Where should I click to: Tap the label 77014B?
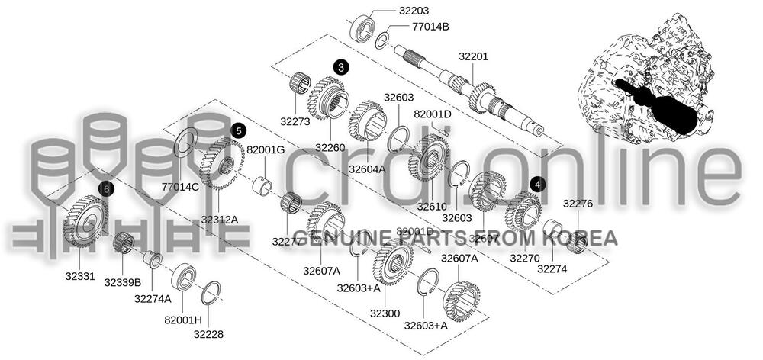430,27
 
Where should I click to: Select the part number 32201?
473,56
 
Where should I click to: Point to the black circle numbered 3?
340,67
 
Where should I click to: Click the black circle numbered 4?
539,184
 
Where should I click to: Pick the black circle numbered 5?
238,130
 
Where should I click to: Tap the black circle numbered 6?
106,188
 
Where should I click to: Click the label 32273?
295,121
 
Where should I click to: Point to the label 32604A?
367,169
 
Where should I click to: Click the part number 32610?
432,206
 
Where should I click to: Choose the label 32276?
578,203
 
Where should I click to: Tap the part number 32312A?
220,219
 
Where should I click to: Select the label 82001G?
266,149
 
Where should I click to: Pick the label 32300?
385,313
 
